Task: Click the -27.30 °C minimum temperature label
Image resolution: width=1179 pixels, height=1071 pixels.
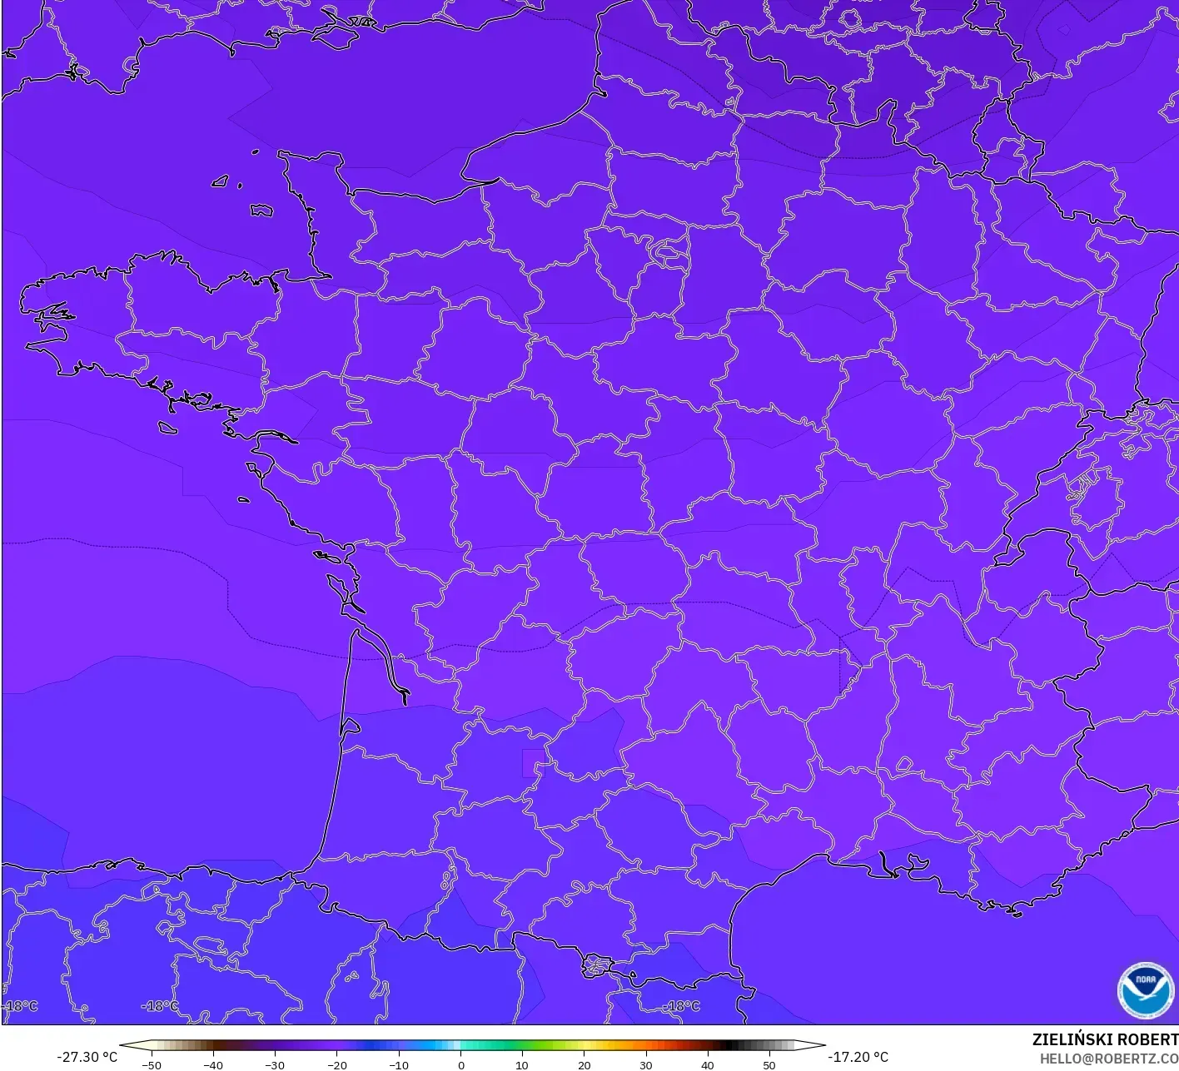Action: [x=87, y=1057]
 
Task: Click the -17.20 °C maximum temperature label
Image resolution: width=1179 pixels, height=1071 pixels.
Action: [x=858, y=1057]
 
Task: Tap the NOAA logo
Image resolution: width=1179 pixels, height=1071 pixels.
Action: [x=1146, y=990]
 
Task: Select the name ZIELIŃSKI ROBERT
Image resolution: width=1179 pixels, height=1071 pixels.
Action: [x=1105, y=1039]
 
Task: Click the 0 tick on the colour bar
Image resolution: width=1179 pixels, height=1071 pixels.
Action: [x=460, y=1064]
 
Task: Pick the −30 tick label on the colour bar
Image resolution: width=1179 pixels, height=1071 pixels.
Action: [x=274, y=1064]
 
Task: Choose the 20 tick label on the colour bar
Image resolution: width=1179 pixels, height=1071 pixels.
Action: [x=584, y=1064]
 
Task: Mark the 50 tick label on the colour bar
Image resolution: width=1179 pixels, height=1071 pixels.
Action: [x=769, y=1064]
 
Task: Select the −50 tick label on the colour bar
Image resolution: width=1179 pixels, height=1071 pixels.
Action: [x=151, y=1064]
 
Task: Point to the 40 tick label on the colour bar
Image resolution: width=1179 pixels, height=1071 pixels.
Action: [x=707, y=1064]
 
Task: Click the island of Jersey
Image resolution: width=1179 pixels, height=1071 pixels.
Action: [x=261, y=211]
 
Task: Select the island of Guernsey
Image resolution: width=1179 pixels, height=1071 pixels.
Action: [x=221, y=181]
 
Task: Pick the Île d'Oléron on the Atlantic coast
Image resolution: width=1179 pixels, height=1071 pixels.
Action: [x=336, y=587]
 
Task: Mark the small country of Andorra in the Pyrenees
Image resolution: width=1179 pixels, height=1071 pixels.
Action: [x=599, y=966]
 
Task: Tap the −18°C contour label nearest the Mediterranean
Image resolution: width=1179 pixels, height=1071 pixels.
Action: [x=684, y=1006]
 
